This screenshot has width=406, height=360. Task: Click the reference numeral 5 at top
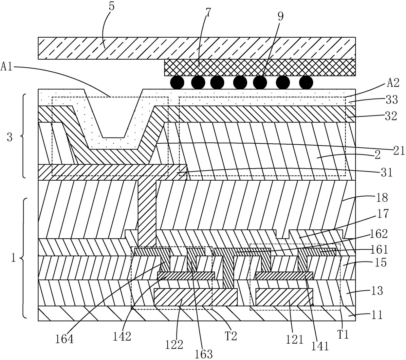[112, 7]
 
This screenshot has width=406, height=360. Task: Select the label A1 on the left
[7, 66]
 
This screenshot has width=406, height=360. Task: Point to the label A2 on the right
[393, 82]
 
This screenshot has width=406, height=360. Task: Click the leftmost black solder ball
[177, 82]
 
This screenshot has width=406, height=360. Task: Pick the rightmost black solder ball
[306, 82]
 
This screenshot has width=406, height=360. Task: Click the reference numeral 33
[392, 99]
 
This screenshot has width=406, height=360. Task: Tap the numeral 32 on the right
[391, 116]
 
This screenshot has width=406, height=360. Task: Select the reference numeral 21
[399, 151]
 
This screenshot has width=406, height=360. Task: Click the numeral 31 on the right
[387, 172]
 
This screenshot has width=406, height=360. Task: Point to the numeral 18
[382, 197]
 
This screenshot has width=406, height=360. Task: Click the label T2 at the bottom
[231, 335]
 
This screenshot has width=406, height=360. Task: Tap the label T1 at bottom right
[343, 334]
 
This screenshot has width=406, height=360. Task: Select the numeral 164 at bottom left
[64, 339]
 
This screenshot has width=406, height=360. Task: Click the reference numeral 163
[204, 354]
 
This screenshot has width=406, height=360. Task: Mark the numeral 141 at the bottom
[320, 346]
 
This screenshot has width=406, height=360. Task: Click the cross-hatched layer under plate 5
[260, 67]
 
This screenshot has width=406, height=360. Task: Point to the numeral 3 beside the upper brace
[9, 137]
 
